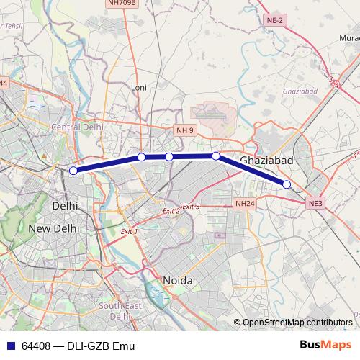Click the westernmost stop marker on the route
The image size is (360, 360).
click(x=73, y=171)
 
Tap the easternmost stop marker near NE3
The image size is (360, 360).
click(x=287, y=184)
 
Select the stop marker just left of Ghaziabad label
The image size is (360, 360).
click(x=215, y=156)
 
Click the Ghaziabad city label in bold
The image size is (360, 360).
click(x=266, y=161)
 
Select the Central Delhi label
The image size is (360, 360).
click(x=77, y=127)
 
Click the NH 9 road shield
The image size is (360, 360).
click(x=185, y=130)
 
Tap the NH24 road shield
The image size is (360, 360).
click(x=245, y=204)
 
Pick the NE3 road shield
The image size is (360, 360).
click(x=316, y=204)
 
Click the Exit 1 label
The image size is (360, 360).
click(x=129, y=231)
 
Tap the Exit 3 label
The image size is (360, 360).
click(x=191, y=207)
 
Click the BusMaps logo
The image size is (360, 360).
click(x=325, y=345)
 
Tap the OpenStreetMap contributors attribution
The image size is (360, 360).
click(x=297, y=323)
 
